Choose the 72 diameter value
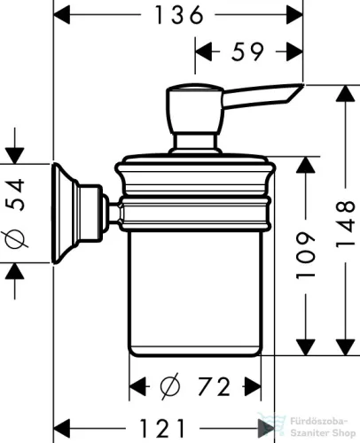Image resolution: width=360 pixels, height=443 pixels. pos(210,386)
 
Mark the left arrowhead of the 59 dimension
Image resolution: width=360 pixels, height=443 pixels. pos(200,52)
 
